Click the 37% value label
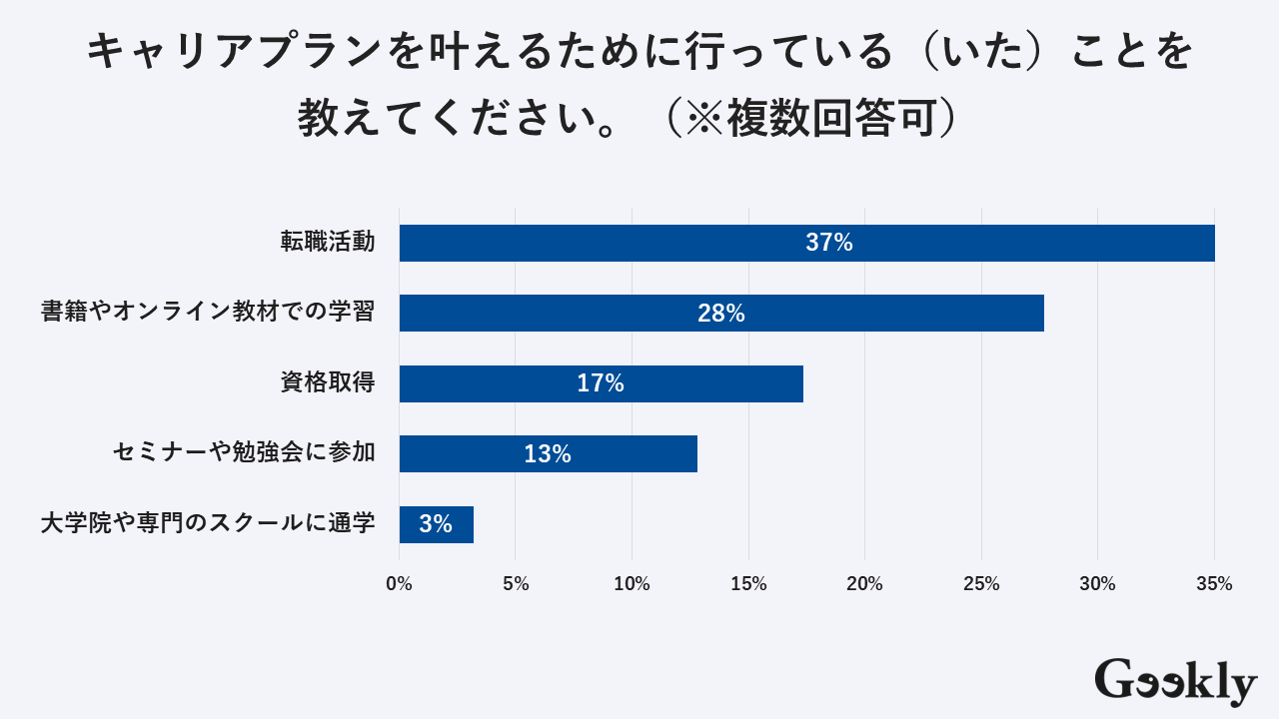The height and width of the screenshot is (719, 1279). point(828,243)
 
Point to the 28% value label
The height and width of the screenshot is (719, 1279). point(720,314)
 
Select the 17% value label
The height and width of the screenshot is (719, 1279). point(600,383)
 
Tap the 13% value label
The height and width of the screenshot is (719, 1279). point(547,454)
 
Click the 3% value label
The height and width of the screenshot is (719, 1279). point(436,524)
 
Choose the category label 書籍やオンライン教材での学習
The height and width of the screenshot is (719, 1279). point(208,312)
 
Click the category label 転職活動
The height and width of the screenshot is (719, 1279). point(328,242)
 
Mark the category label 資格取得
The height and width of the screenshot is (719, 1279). point(328,382)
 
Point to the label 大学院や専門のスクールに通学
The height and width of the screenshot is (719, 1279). point(208,523)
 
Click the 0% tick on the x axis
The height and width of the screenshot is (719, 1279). point(399,584)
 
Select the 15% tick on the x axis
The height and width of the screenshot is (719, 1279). point(748,584)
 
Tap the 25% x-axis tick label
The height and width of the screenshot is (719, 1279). point(981,584)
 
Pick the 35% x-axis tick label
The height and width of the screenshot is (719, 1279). point(1214,584)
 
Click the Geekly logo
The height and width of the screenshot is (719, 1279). point(1175,682)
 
